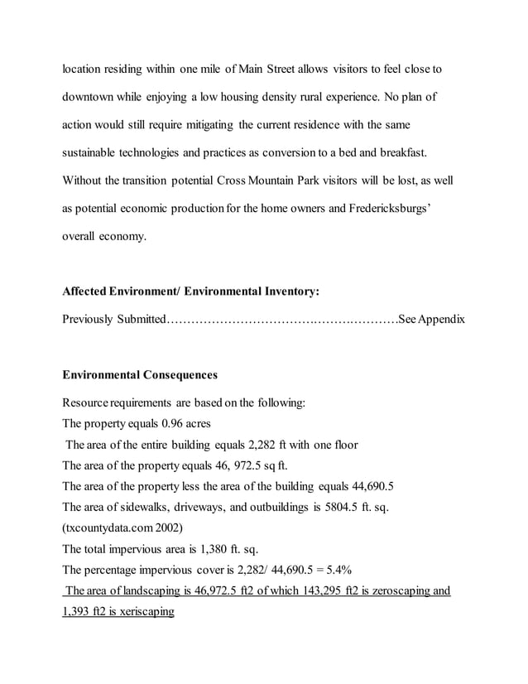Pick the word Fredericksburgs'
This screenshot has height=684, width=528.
tap(388, 208)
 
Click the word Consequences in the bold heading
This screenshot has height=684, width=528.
tap(176, 374)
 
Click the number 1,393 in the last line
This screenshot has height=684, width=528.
tap(78, 612)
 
